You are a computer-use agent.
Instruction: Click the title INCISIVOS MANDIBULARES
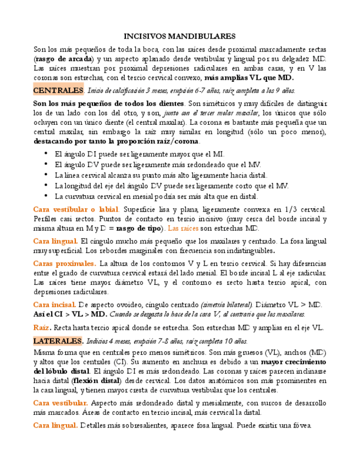point(180,36)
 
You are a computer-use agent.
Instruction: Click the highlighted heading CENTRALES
point(58,90)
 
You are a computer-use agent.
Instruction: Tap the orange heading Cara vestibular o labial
point(76,209)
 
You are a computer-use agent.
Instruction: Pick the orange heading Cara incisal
point(54,304)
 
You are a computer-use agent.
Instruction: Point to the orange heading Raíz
point(41,328)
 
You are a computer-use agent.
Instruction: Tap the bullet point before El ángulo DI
point(46,154)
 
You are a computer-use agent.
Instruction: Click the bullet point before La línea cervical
point(46,175)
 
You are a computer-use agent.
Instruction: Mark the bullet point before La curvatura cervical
point(46,196)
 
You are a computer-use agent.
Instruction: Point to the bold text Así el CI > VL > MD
point(70,314)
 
